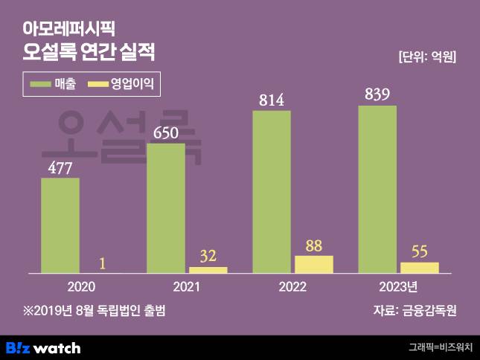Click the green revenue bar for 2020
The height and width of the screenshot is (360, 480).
coord(60,225)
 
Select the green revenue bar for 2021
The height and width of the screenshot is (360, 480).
coord(165,208)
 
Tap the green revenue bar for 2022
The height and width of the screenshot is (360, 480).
coord(272,193)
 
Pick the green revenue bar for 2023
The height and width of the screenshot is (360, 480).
coord(377,190)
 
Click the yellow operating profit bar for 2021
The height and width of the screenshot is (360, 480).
coord(208,270)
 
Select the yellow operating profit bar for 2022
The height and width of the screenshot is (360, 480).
coord(314,265)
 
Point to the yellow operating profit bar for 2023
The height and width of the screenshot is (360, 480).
coord(420,268)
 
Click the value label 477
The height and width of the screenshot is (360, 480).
coord(60,168)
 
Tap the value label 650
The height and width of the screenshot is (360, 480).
coord(165,134)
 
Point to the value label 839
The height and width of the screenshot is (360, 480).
coord(377,95)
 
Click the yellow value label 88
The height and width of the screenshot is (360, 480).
coord(314,245)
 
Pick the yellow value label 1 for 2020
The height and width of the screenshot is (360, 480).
coord(102,263)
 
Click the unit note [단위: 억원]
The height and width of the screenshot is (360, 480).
coord(426,57)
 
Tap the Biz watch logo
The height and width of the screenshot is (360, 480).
coord(43,347)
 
